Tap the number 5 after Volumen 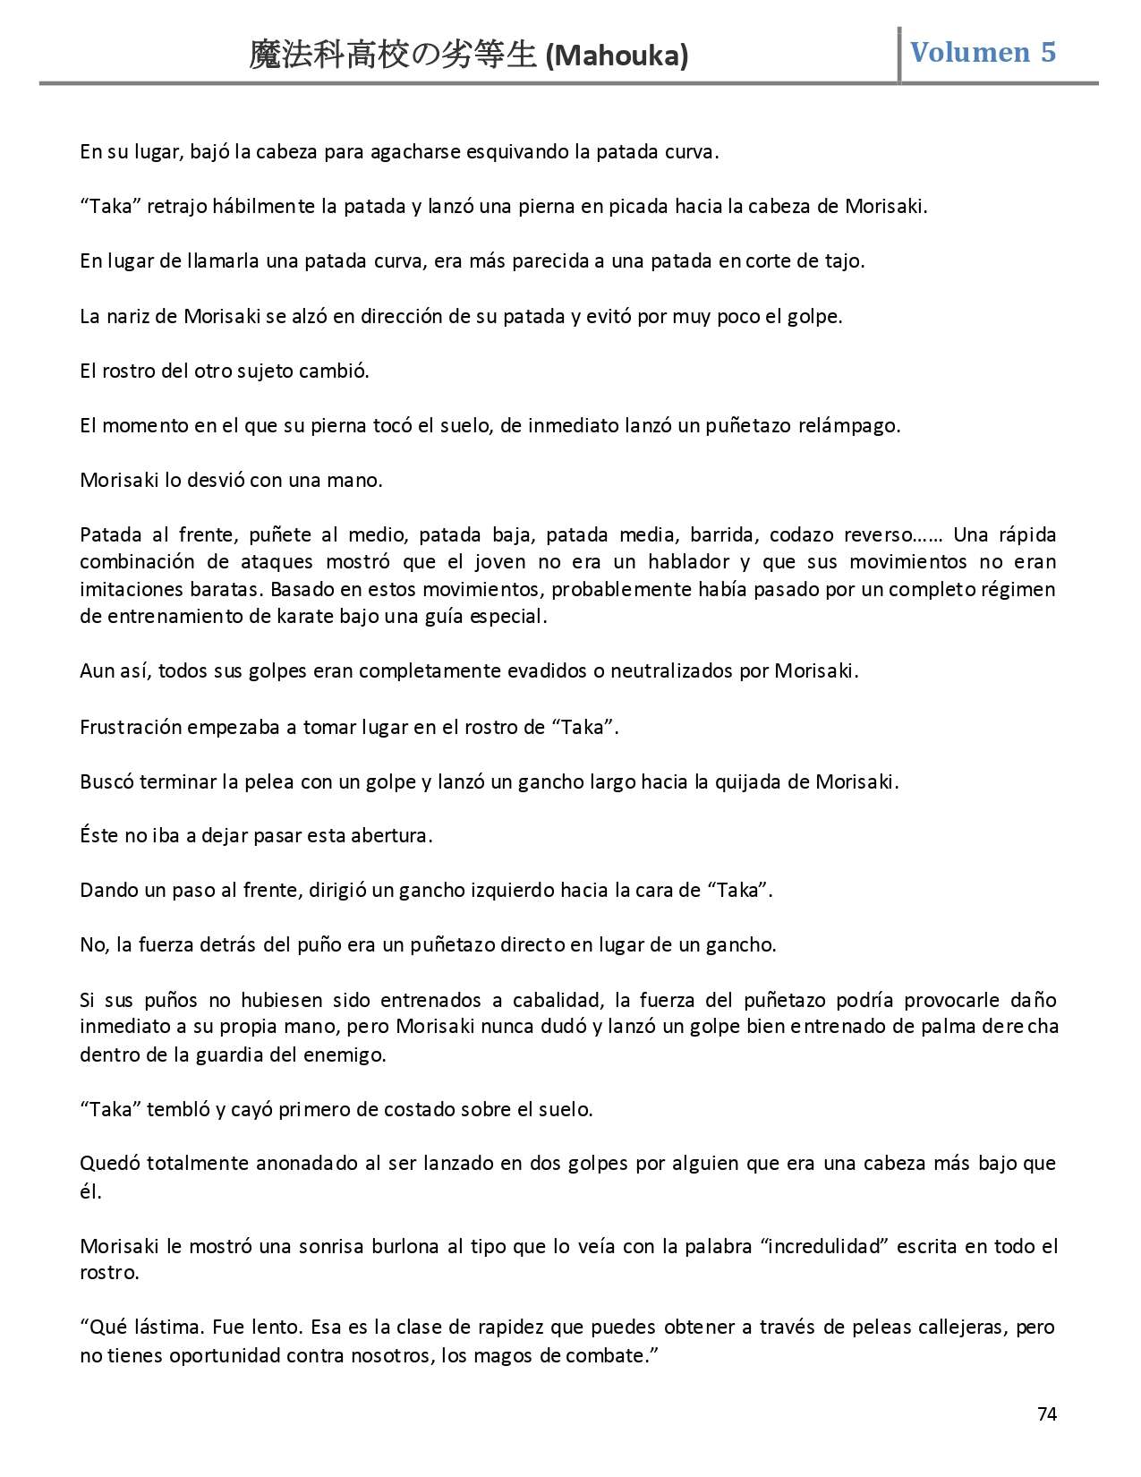click(x=1048, y=53)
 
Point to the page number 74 click(x=1047, y=1414)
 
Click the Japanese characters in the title click(x=394, y=56)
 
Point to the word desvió click(x=215, y=480)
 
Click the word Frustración click(x=131, y=727)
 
